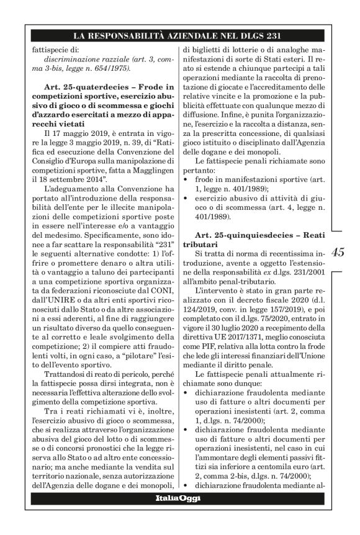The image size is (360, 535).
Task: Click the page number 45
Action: click(x=338, y=252)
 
